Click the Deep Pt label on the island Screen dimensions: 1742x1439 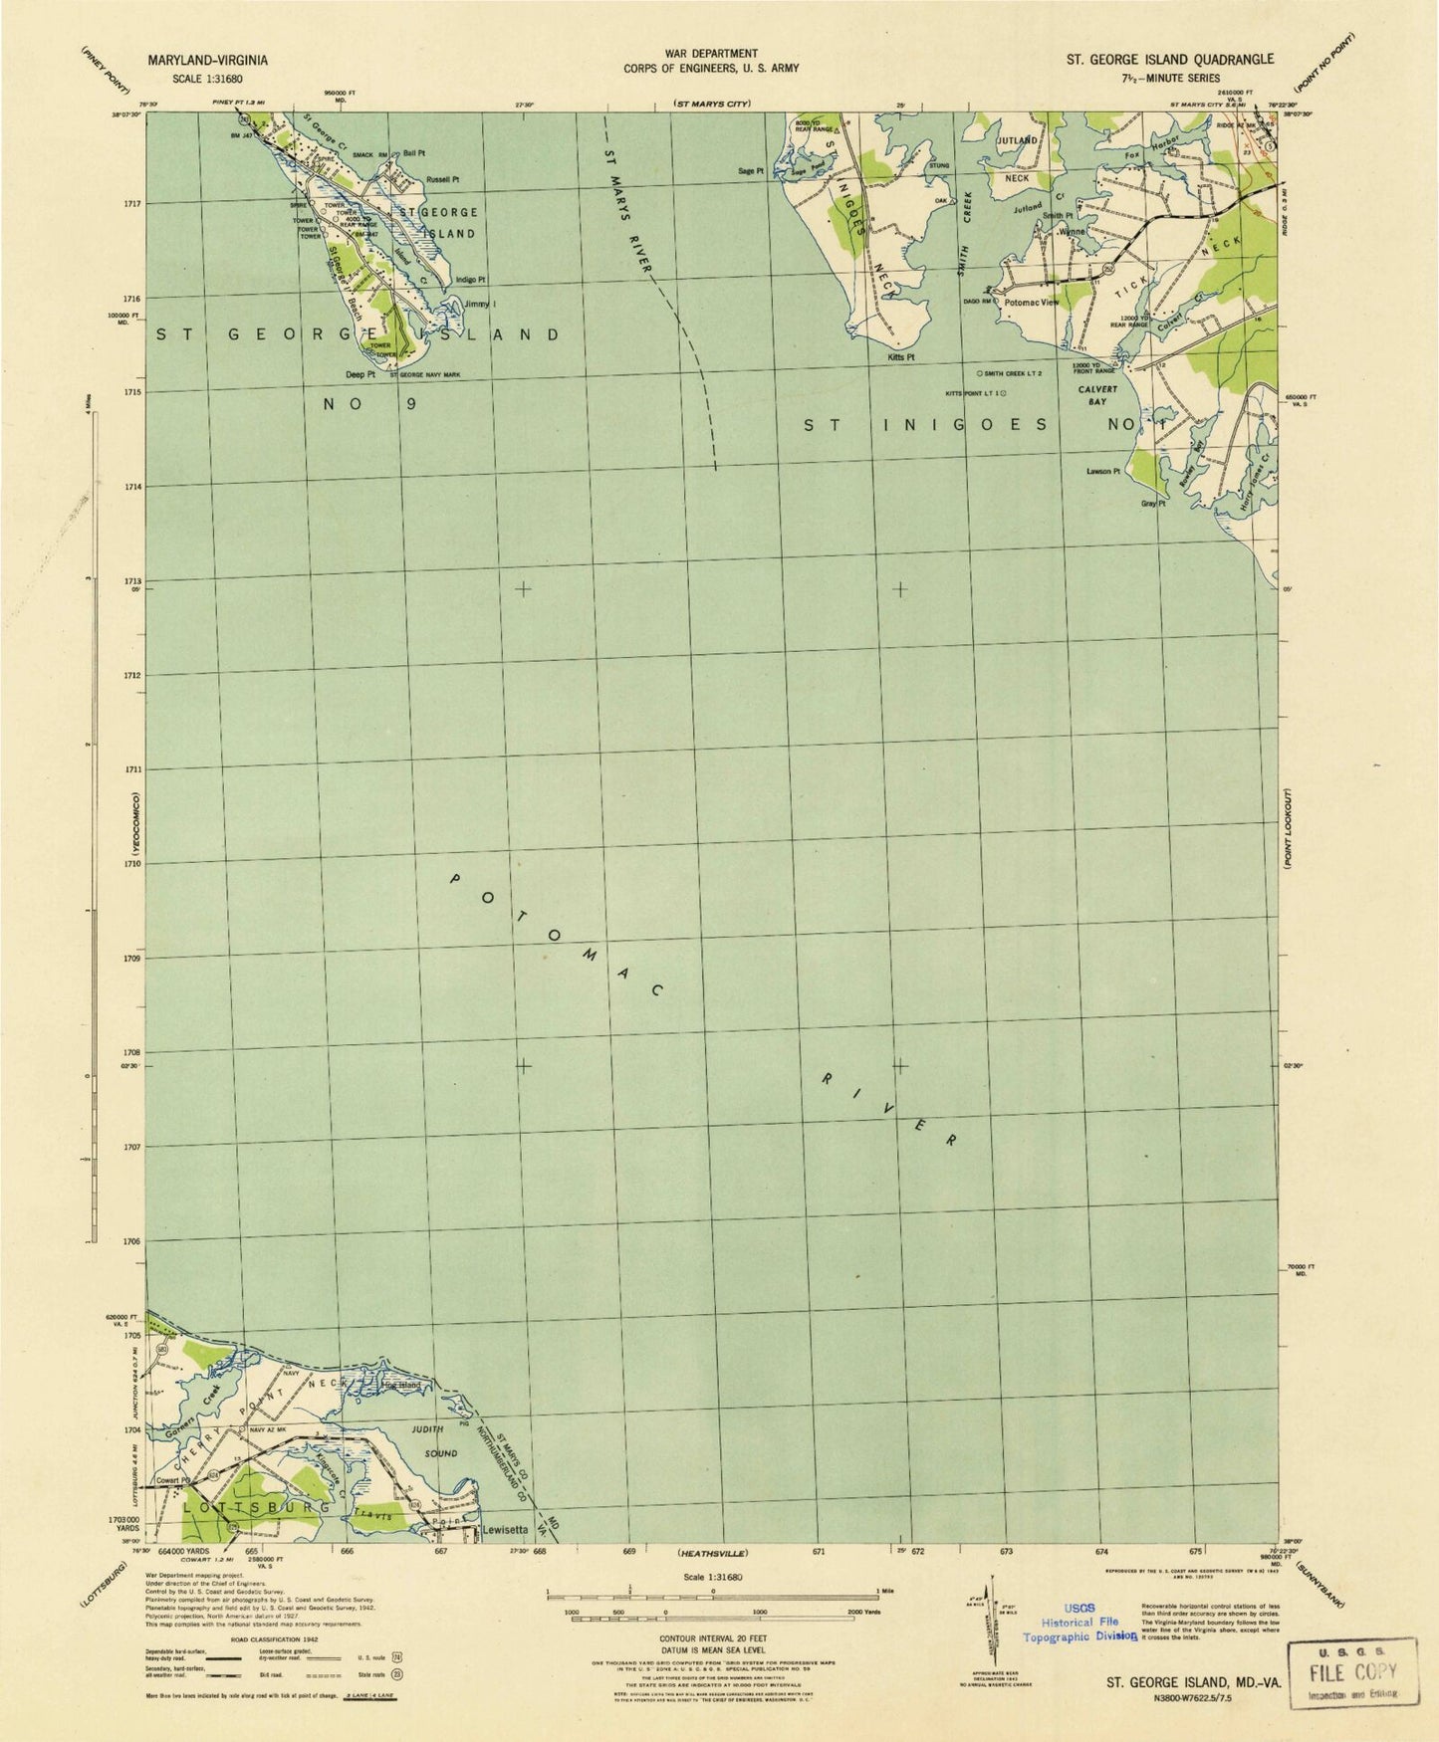click(x=360, y=375)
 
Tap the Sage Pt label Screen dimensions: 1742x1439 click(x=750, y=171)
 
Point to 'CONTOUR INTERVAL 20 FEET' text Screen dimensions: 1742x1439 click(x=717, y=1636)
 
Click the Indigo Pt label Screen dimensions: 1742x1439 click(x=470, y=281)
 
